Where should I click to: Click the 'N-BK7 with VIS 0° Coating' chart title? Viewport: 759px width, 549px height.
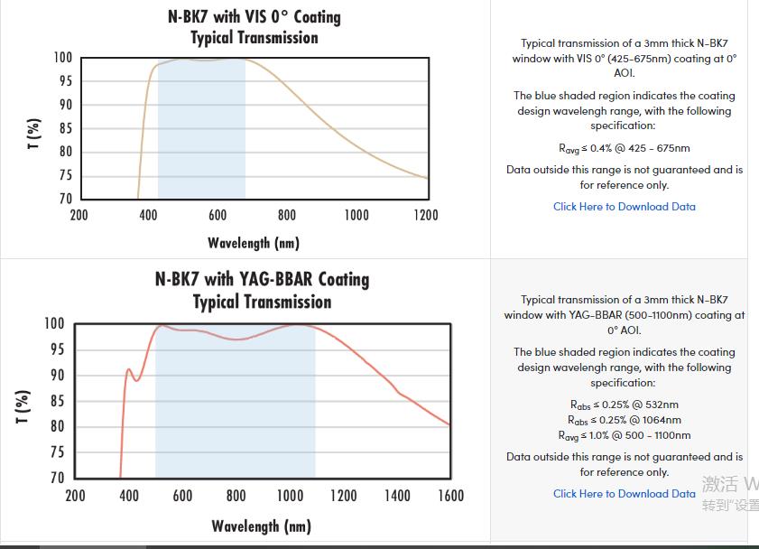tap(255, 17)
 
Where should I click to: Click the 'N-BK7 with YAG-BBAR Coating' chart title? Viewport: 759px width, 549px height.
tap(262, 279)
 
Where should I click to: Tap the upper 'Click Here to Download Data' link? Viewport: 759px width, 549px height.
tap(625, 207)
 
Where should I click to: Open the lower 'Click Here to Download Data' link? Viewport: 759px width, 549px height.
tap(625, 494)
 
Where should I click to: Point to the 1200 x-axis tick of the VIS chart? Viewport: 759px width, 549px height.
tap(426, 215)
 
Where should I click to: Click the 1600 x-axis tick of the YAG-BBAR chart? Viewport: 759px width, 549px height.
tap(450, 496)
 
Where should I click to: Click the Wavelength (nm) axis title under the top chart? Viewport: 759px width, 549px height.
tap(254, 243)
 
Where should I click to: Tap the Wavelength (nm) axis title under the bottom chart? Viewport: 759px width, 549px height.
tap(262, 526)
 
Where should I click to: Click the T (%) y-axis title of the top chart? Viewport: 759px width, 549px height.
tap(34, 134)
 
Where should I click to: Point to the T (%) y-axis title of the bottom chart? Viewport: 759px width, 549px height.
tap(23, 406)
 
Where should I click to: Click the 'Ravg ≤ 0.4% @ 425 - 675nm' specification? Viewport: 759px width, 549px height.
tap(625, 148)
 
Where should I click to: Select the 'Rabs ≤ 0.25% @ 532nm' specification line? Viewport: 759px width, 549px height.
tap(625, 405)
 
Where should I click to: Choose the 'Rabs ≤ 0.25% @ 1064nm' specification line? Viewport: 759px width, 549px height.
tap(625, 420)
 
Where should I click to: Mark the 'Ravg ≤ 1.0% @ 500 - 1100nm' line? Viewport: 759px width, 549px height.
tap(625, 435)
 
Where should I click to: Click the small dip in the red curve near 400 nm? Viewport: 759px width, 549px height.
tap(137, 379)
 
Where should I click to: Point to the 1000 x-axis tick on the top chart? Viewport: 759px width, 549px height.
tap(356, 215)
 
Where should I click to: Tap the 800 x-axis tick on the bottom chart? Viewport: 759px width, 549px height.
tap(236, 496)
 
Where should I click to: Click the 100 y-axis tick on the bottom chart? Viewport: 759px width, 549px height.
tap(54, 324)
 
